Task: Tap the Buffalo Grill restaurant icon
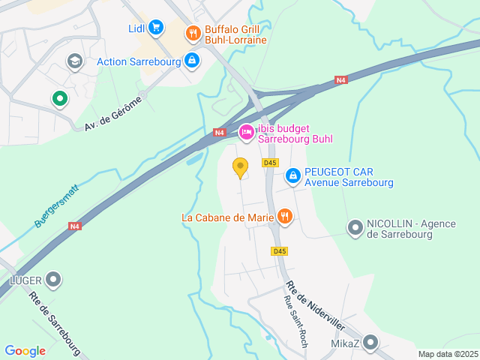193,32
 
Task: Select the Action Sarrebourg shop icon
192,60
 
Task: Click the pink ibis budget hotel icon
246,133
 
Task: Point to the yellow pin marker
240,167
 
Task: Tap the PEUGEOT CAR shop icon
293,176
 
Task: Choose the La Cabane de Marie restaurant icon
284,217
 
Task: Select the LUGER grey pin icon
53,280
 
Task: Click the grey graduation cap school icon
74,61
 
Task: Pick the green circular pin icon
59,98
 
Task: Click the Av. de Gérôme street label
113,118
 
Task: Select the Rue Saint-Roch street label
295,322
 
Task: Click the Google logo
25,350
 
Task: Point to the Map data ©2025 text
447,354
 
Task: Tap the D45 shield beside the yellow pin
270,163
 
